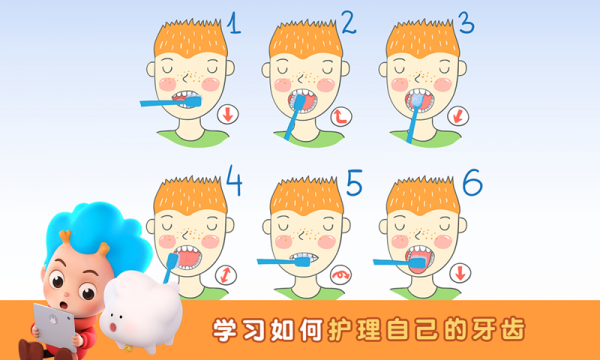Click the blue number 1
[x=234, y=23]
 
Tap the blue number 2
[x=349, y=23]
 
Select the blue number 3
[x=466, y=22]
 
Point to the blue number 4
[x=234, y=181]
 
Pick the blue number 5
[x=354, y=183]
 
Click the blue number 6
[x=472, y=182]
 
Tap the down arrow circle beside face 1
[x=228, y=114]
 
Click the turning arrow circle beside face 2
[x=341, y=116]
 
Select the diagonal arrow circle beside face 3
[x=458, y=116]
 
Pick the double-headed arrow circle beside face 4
[x=226, y=275]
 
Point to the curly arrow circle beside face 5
[x=341, y=274]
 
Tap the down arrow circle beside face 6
[x=460, y=273]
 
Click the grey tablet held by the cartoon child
[x=54, y=326]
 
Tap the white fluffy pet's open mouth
[x=113, y=327]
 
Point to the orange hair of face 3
[x=422, y=38]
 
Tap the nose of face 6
[x=419, y=233]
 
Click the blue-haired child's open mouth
[x=64, y=305]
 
